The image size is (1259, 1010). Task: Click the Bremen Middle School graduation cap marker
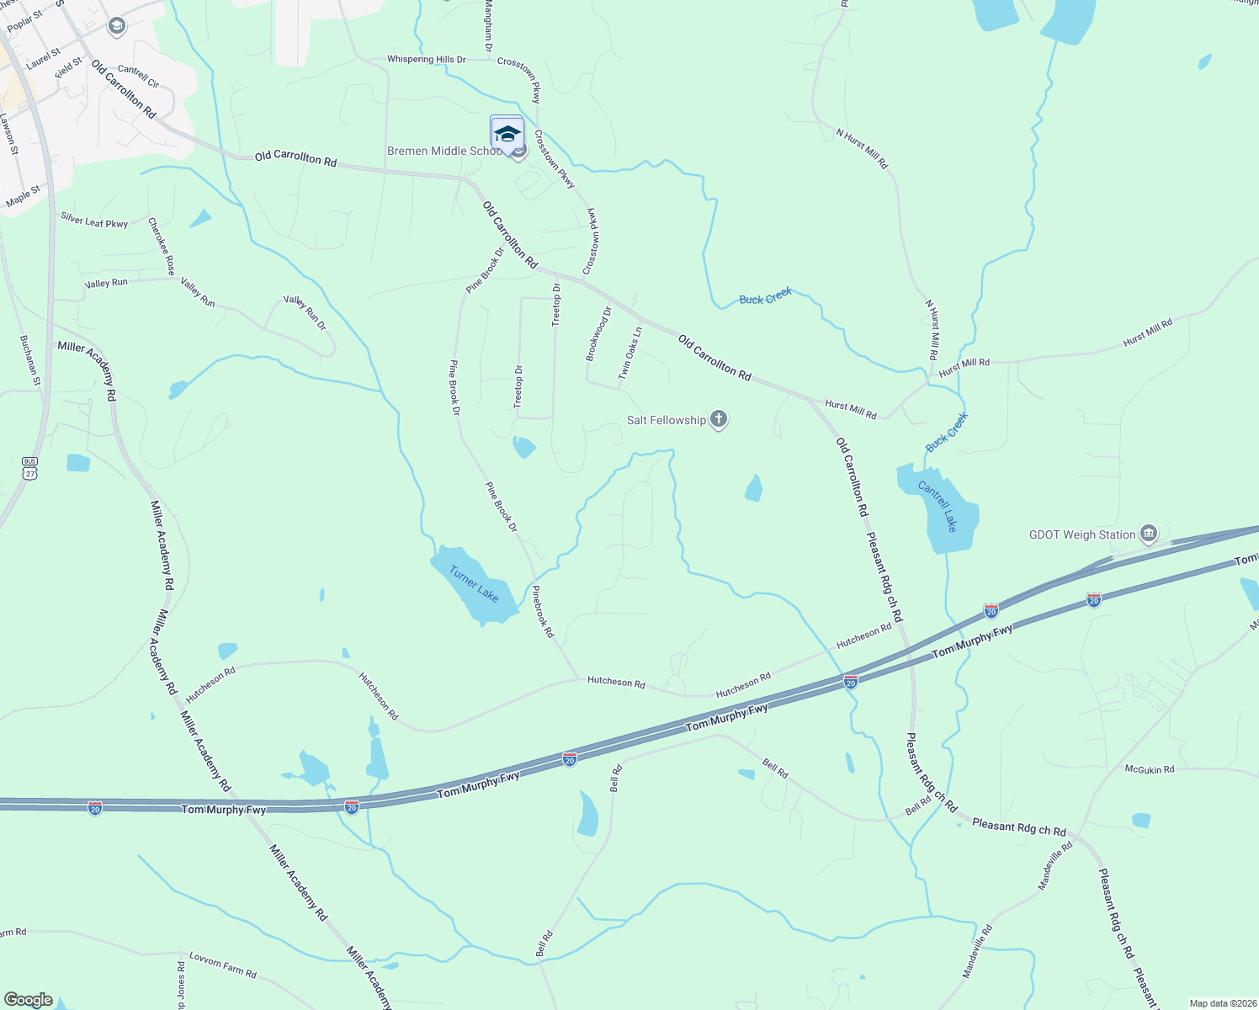pos(507,134)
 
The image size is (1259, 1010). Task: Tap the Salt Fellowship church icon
pos(718,419)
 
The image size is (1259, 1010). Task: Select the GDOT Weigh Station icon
pos(1149,534)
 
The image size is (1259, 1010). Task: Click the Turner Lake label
pos(474,584)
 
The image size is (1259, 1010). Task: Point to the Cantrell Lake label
pos(938,506)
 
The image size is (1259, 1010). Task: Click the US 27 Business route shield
pos(30,468)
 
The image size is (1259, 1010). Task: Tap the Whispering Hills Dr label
pos(426,60)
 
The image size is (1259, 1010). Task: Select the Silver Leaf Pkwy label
pos(94,221)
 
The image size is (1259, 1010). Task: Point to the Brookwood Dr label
pos(598,334)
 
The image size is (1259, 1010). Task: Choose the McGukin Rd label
pos(1150,769)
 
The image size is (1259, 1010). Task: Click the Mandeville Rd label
pos(1054,866)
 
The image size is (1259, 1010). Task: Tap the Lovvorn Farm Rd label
pos(223,965)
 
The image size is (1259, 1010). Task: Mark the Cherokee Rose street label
pos(162,246)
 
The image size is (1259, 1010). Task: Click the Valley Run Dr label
pos(305,312)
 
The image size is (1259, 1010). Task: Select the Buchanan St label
pos(30,360)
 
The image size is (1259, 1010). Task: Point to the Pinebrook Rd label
pos(543,612)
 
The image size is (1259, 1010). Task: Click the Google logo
pos(29,1000)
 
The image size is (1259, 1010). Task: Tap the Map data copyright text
pos(1220,1003)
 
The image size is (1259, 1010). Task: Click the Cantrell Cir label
pos(139,77)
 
